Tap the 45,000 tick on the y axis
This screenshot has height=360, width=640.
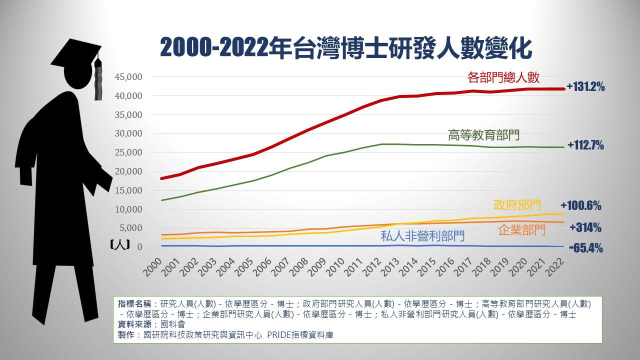coord(128,77)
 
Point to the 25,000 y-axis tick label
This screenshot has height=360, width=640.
coord(128,152)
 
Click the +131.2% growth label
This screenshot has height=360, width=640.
coord(585,87)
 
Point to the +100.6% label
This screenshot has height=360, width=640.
coord(581,206)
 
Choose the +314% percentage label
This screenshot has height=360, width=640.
coord(585,228)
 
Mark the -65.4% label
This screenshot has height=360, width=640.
coord(585,248)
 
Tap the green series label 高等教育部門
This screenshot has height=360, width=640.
coord(484,134)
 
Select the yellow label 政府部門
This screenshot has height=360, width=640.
coord(517,204)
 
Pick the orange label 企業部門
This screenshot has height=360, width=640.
coord(522,230)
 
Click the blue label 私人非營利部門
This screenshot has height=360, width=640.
coord(422,236)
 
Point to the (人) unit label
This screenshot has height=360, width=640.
coord(120,245)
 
